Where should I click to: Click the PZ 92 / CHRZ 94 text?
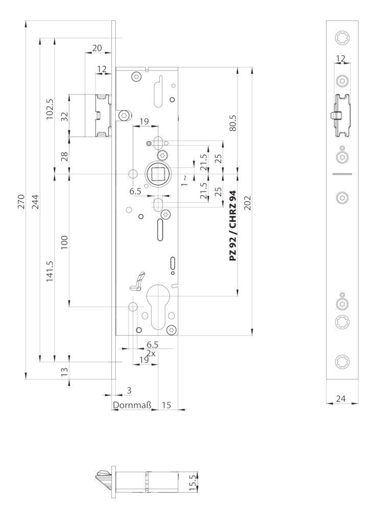[233, 225]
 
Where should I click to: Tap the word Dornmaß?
[132, 406]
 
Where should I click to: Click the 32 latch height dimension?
[64, 115]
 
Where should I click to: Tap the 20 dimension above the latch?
[97, 49]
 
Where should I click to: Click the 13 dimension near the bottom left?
[64, 371]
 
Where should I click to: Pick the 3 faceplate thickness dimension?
[129, 390]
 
